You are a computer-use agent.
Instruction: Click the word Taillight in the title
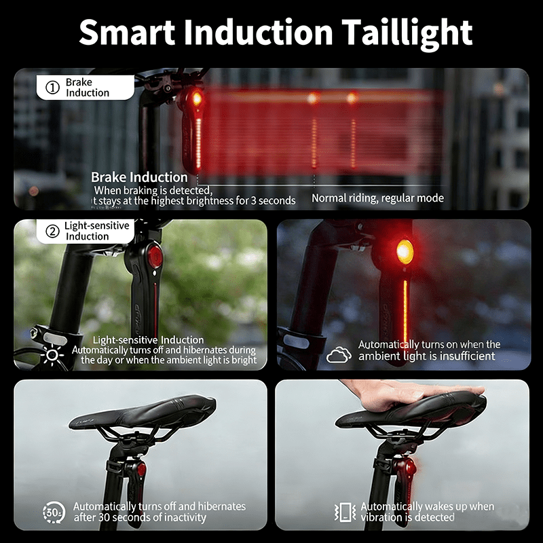tap(407, 33)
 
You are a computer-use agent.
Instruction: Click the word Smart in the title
tap(127, 32)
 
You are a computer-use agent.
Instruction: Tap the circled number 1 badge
tap(53, 88)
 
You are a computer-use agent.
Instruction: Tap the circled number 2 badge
tap(53, 231)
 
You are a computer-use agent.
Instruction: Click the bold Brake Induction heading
tap(139, 177)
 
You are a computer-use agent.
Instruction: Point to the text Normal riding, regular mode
tap(377, 198)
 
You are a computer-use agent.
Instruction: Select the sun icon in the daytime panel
tap(52, 355)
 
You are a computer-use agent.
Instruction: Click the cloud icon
tap(339, 354)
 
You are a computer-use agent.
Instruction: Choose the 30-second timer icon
tap(54, 512)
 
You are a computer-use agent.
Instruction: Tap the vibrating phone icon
tap(345, 512)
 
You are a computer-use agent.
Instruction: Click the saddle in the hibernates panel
tap(143, 413)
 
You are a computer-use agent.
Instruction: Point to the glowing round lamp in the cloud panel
tap(405, 251)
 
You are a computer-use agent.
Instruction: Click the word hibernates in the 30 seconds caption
tap(222, 506)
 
